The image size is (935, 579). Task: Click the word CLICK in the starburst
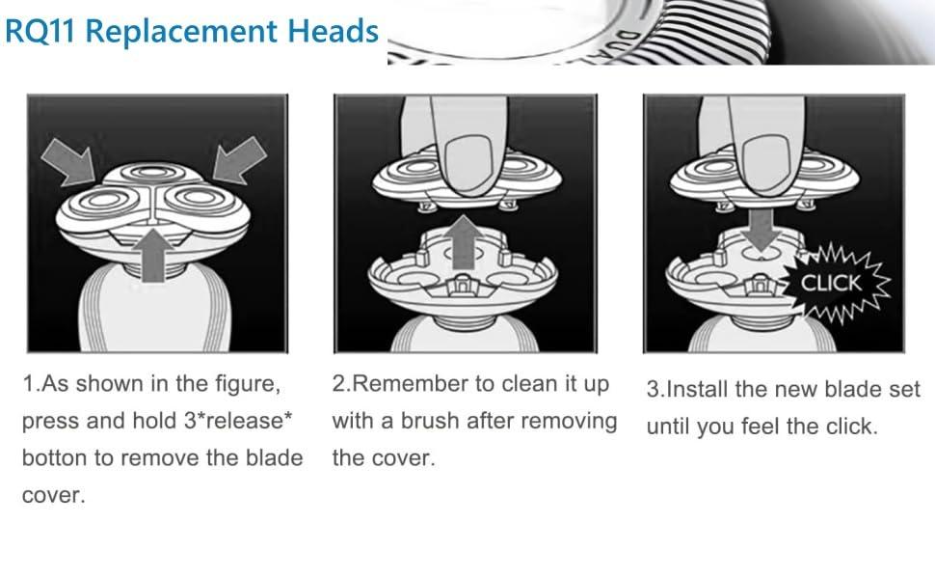[832, 284]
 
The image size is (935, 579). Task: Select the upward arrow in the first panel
[155, 252]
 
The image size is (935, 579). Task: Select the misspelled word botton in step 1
[52, 457]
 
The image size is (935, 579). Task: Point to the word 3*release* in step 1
[239, 422]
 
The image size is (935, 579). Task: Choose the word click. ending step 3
[848, 427]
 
